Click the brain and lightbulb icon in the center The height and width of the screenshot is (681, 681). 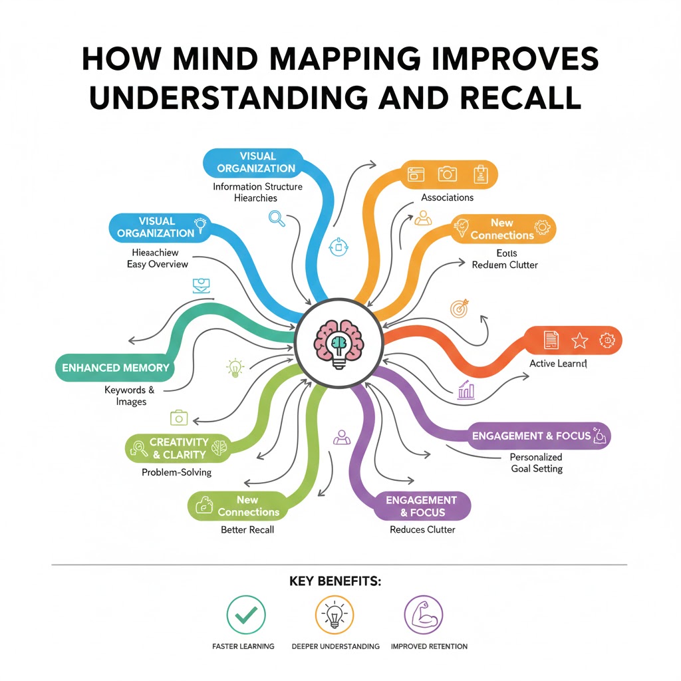click(339, 343)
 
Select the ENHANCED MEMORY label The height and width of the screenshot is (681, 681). click(115, 368)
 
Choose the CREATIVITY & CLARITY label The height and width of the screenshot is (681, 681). click(179, 448)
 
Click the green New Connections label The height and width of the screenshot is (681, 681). click(247, 506)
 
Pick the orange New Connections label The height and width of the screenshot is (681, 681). click(502, 229)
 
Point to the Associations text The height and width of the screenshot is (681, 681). click(447, 198)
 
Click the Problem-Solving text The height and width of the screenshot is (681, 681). click(176, 472)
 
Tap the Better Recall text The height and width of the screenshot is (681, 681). click(247, 530)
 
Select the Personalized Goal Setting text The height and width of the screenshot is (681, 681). click(536, 463)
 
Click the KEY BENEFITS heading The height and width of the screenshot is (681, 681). click(335, 581)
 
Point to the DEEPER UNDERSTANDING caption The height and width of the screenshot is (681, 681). click(335, 646)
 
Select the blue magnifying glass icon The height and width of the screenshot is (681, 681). click(277, 217)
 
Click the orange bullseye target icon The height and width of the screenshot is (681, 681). click(460, 309)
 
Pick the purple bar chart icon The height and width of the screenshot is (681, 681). click(466, 390)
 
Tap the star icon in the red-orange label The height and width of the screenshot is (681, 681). click(579, 340)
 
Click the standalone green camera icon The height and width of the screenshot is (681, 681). click(179, 418)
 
